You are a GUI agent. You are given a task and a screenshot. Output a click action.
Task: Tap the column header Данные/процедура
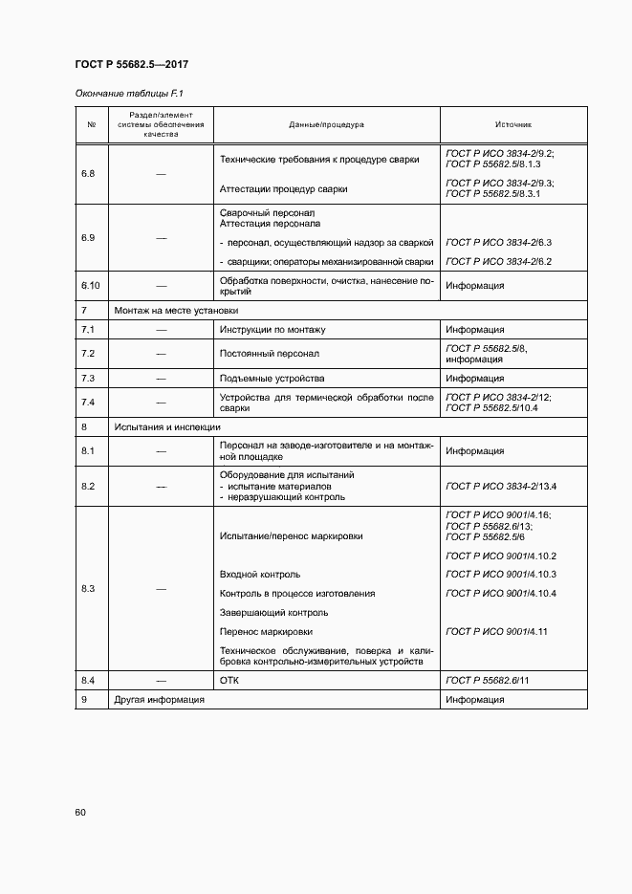pos(326,125)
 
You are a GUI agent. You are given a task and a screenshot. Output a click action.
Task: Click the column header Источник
pos(513,125)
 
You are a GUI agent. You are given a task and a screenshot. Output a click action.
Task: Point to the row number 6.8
pos(88,174)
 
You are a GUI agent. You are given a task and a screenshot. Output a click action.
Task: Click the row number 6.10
pos(91,285)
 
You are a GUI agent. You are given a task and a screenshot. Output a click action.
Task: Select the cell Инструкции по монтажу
pos(272,330)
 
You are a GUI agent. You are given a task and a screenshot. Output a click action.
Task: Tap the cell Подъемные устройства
pos(272,379)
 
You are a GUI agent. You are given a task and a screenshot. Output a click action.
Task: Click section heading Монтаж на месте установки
pos(176,311)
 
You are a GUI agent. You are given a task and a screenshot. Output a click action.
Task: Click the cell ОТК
pos(229,679)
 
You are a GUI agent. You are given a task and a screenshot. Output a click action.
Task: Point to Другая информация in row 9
pos(159,700)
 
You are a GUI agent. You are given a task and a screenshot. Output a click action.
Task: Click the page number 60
pos(80,813)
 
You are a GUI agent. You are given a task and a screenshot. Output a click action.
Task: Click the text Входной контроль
pos(259,575)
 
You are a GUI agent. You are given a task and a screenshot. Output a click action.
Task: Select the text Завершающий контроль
pos(273,613)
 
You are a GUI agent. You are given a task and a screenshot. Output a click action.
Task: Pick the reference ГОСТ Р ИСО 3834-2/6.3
pos(499,243)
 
